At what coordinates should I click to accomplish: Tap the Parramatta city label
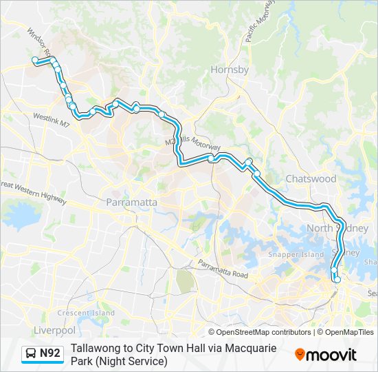coord(132,203)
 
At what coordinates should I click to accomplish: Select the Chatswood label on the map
coord(311,178)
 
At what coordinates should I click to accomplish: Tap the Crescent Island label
coord(86,313)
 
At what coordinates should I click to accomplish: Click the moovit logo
coord(326,354)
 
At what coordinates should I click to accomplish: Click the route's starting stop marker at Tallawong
coord(34,61)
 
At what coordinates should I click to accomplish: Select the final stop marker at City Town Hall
coord(337,279)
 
